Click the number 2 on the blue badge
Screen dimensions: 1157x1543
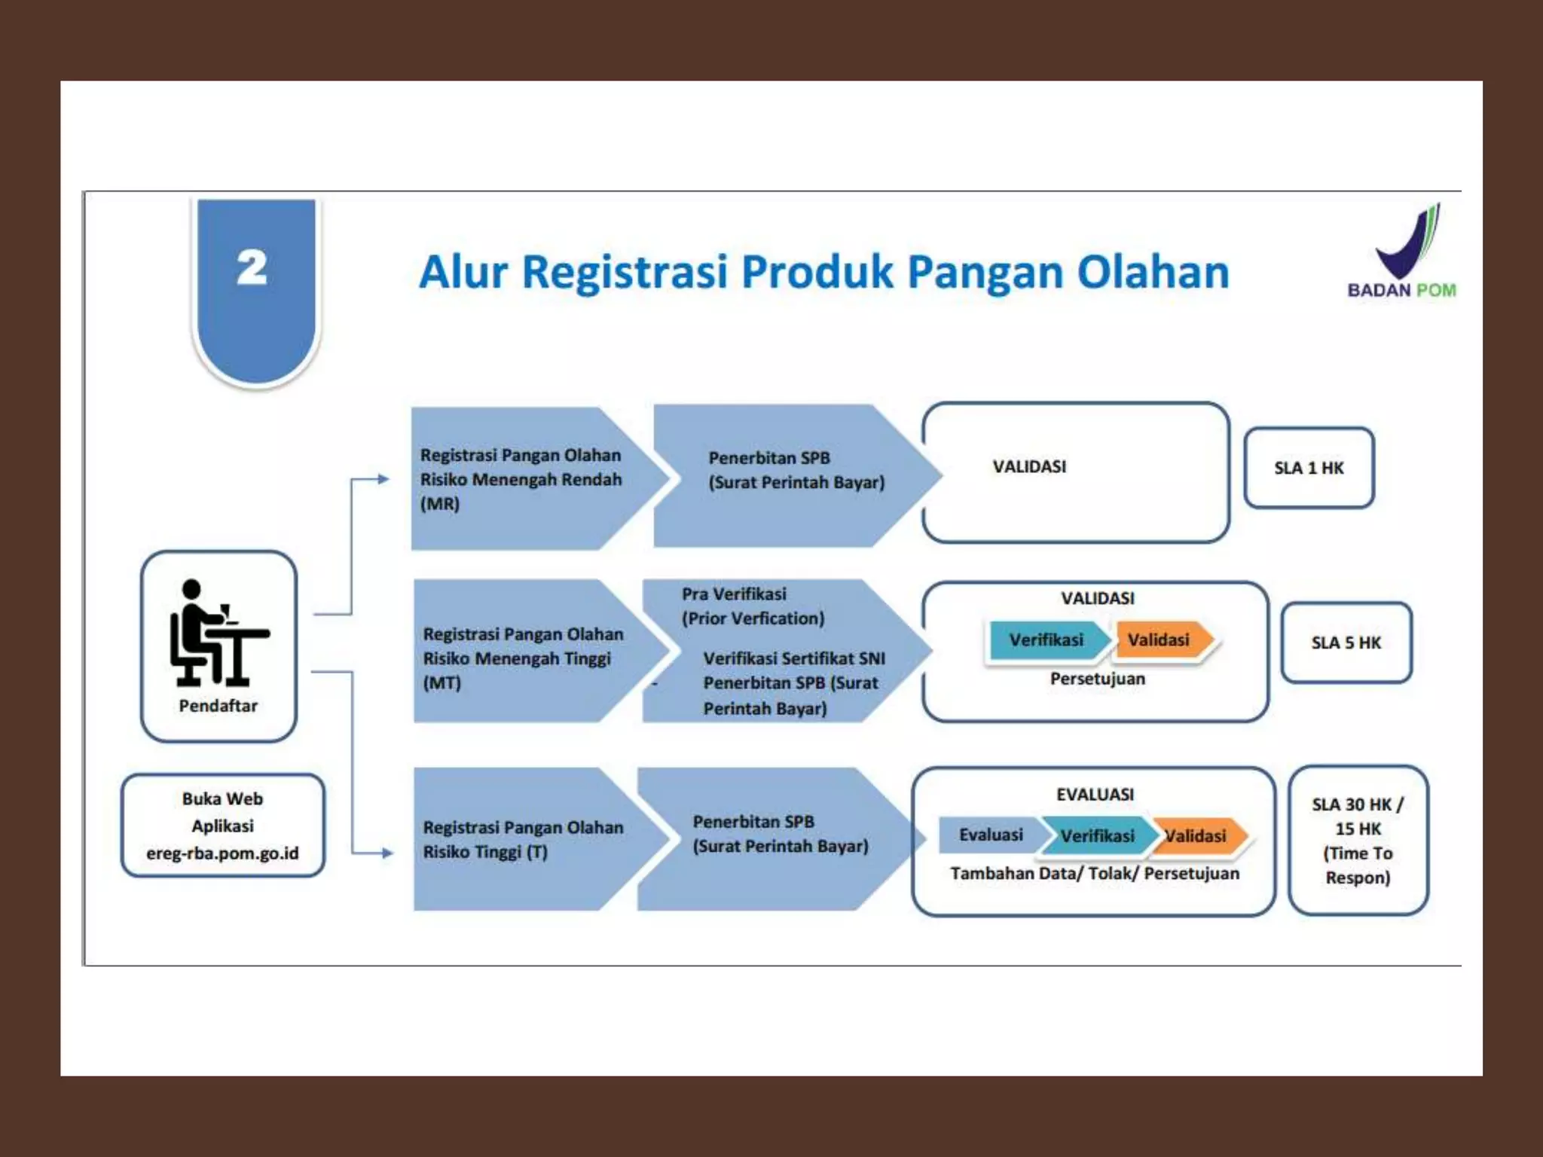tap(252, 268)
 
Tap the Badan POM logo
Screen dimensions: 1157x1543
tap(1403, 252)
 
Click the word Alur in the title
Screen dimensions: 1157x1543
tap(463, 272)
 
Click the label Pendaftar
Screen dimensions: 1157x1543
tap(218, 706)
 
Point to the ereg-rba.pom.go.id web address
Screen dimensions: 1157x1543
tap(222, 853)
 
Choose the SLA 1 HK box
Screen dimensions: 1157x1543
tap(1309, 468)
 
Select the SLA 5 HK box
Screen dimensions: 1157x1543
tap(1346, 643)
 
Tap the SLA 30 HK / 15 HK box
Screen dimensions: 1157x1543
tap(1358, 841)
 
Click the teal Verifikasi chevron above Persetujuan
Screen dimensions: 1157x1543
tap(1046, 640)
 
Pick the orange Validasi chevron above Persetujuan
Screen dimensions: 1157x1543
tap(1161, 640)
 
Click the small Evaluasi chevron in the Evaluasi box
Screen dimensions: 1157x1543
tap(990, 835)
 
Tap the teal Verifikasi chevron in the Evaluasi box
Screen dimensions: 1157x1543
tap(1097, 836)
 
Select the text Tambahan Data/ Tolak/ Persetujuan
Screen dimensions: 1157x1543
tap(1094, 874)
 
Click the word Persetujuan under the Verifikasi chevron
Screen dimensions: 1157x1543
tap(1097, 679)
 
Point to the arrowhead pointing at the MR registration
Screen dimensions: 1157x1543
tap(383, 479)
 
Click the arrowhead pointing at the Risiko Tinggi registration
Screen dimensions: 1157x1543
tap(387, 853)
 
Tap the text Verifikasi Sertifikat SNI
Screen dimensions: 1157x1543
tap(794, 658)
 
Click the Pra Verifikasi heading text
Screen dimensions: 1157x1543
tap(734, 594)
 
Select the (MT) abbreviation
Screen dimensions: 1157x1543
tap(442, 683)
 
